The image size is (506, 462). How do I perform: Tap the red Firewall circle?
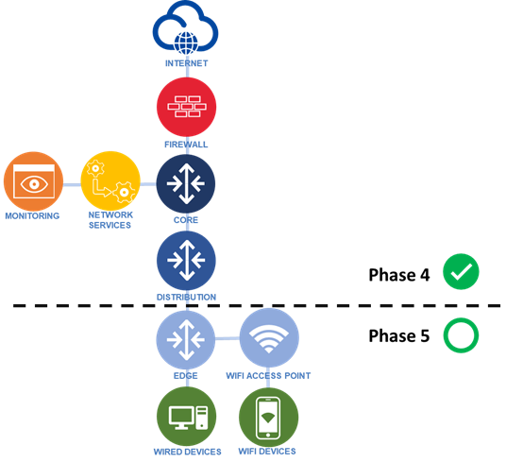pos(187,107)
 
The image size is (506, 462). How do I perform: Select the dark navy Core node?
pos(186,183)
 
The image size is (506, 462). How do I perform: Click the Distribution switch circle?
pos(187,261)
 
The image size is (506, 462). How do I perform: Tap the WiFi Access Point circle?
pos(269,337)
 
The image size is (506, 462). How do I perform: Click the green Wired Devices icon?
pos(187,416)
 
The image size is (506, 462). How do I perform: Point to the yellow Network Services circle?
pos(110,180)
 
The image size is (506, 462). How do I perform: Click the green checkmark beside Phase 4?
pos(461,271)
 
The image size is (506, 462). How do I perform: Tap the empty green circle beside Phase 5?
pos(444,335)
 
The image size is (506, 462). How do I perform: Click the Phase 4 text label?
pos(399,275)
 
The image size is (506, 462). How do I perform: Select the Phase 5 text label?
pos(399,335)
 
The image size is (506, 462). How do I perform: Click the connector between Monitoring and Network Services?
pos(72,184)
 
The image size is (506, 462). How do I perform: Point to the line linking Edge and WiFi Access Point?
pos(228,338)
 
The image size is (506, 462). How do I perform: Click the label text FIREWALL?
pos(186,145)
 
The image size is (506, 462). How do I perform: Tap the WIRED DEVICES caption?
pos(188,452)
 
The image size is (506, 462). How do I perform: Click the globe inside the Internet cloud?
pos(186,43)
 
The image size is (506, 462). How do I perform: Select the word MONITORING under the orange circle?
pos(32,215)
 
